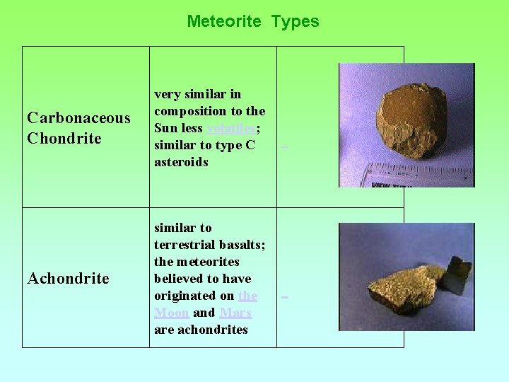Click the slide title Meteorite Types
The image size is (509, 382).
(252, 21)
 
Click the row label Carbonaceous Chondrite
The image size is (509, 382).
(78, 128)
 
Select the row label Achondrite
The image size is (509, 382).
(68, 279)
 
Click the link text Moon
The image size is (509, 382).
(171, 313)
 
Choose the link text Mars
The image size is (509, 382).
(235, 313)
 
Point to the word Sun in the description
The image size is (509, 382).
(165, 128)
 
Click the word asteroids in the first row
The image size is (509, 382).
(181, 162)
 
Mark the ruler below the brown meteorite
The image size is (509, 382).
(417, 173)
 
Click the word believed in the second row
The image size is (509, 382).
(177, 279)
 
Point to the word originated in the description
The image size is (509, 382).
(184, 296)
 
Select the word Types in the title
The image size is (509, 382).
(296, 21)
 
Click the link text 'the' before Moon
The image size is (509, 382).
(247, 296)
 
